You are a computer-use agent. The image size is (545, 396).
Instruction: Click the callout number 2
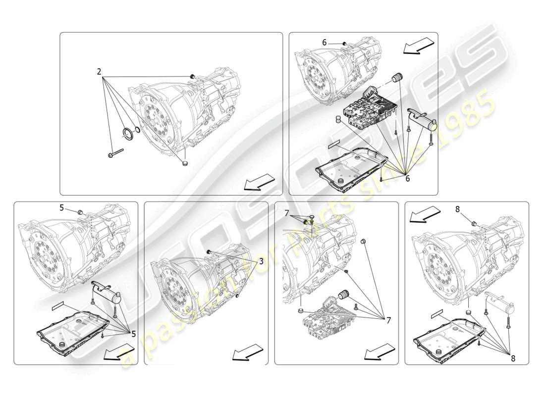tap(99, 72)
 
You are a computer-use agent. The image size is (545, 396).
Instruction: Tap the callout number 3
tap(261, 261)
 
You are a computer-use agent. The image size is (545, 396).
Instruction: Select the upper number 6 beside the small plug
tap(325, 43)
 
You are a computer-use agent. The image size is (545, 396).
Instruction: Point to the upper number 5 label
tap(62, 208)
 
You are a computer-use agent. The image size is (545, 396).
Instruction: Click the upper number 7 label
tap(286, 213)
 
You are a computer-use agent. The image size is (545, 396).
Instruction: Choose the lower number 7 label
tap(388, 321)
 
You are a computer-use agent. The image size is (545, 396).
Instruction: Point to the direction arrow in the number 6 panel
tap(419, 47)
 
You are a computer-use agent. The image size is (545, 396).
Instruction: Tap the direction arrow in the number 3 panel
tap(248, 352)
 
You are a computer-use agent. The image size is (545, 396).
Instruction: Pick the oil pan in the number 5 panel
tap(72, 329)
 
